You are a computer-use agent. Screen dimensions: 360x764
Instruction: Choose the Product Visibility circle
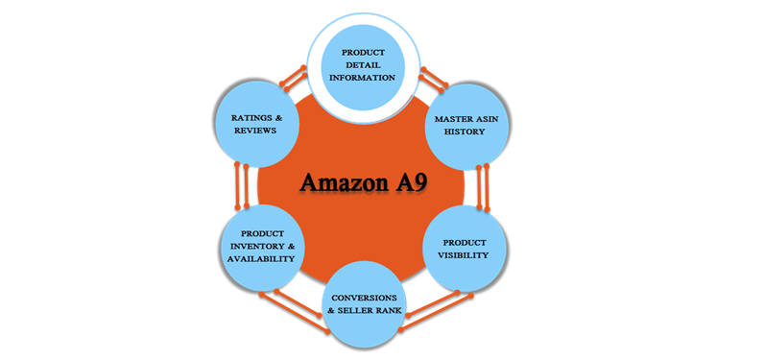pos(465,249)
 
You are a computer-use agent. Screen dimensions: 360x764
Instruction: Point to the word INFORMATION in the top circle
pos(357,78)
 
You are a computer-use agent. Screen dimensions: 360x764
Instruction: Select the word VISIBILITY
pos(465,255)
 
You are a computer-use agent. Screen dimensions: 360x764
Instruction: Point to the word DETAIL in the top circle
pos(357,63)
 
